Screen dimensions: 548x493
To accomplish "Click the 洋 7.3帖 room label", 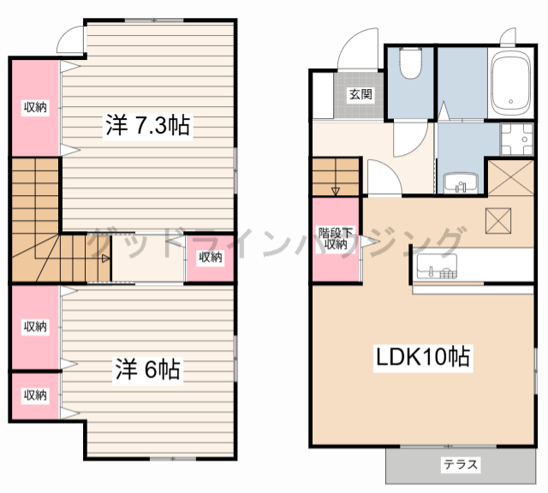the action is (x=148, y=126).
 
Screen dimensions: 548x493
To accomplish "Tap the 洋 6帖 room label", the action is (x=147, y=369).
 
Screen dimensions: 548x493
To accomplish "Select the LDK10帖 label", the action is (x=422, y=357).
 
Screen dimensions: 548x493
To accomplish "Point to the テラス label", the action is (x=461, y=465).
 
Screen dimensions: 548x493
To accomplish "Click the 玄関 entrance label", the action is (x=361, y=94).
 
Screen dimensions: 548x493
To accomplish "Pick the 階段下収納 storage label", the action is (x=335, y=238).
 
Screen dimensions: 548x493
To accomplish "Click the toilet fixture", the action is (x=410, y=62).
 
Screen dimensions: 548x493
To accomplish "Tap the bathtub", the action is (x=510, y=84).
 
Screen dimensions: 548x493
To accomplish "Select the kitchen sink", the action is (x=437, y=266).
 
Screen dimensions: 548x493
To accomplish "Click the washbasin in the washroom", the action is (x=461, y=183).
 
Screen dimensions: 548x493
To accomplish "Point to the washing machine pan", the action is (x=517, y=139).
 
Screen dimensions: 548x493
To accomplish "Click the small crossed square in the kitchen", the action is (x=498, y=221).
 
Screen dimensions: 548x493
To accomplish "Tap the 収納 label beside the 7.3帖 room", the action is (x=35, y=107).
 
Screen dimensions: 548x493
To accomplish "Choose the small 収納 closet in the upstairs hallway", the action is (x=211, y=258).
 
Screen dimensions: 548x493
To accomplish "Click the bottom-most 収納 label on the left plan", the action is (x=35, y=395).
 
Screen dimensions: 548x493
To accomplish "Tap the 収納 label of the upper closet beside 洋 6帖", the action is (x=35, y=327).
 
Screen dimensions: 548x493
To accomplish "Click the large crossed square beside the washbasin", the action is (x=510, y=177).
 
